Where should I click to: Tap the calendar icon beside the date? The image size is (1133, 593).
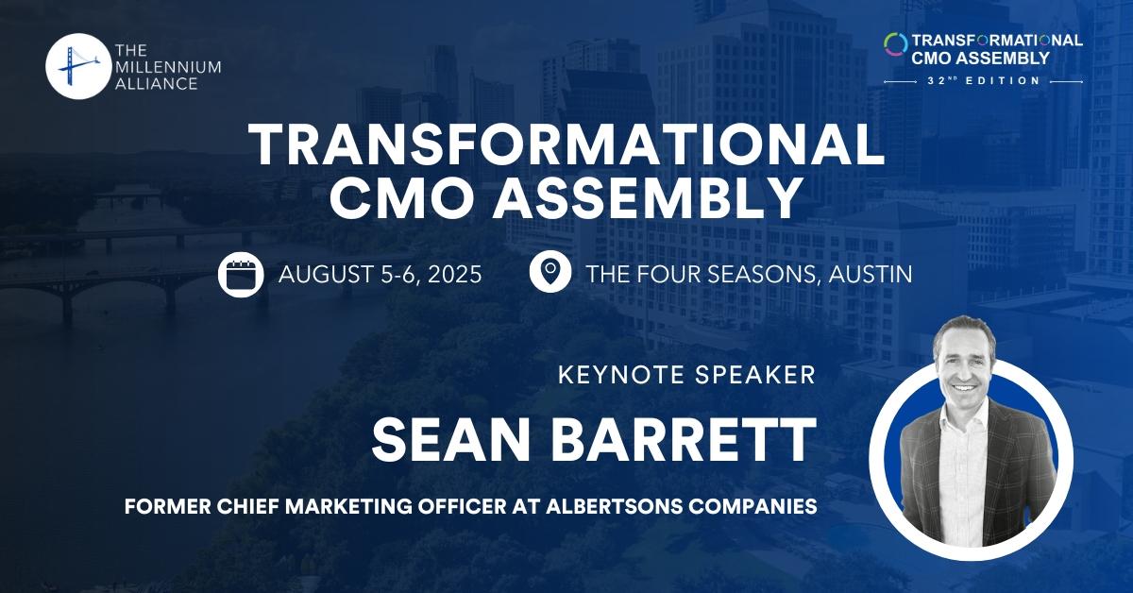239,275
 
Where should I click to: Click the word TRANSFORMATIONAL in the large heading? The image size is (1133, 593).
566,147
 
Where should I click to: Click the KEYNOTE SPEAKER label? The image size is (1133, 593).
686,375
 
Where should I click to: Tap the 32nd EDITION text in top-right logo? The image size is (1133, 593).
983,81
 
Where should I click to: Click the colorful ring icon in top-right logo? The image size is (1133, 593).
894,42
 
